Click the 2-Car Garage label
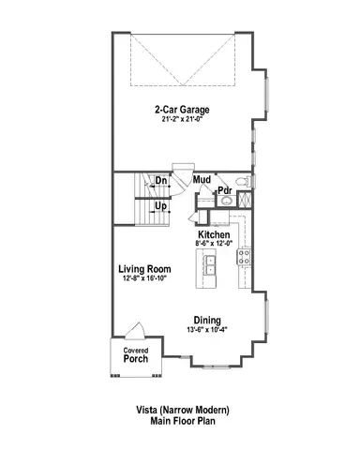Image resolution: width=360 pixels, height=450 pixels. pyautogui.click(x=182, y=108)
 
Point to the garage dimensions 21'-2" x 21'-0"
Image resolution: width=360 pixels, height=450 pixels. pyautogui.click(x=182, y=118)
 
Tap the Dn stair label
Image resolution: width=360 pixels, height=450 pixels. pyautogui.click(x=161, y=180)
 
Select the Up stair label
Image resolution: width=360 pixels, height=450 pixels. pyautogui.click(x=161, y=205)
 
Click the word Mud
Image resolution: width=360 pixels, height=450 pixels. pyautogui.click(x=201, y=178)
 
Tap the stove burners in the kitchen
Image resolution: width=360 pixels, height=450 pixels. pyautogui.click(x=246, y=257)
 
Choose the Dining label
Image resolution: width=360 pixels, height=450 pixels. pyautogui.click(x=208, y=318)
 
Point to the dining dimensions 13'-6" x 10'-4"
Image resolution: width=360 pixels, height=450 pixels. pyautogui.click(x=208, y=328)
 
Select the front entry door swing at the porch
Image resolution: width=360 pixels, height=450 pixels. pyautogui.click(x=136, y=330)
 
